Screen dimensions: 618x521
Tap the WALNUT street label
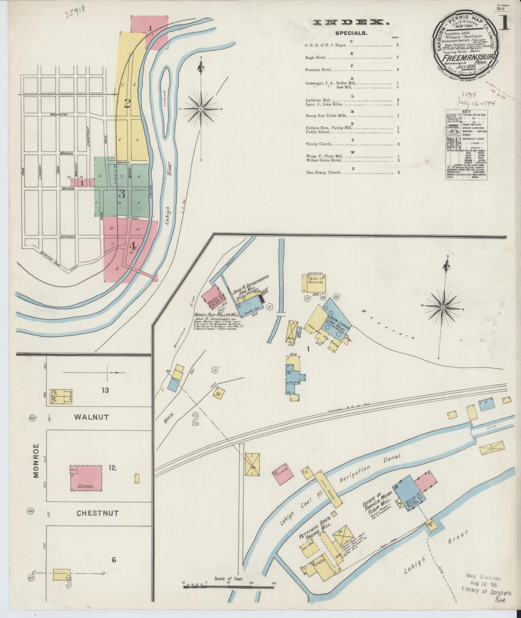click(x=91, y=417)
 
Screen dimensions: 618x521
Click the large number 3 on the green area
click(x=121, y=194)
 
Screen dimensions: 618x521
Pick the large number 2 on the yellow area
click(x=127, y=103)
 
